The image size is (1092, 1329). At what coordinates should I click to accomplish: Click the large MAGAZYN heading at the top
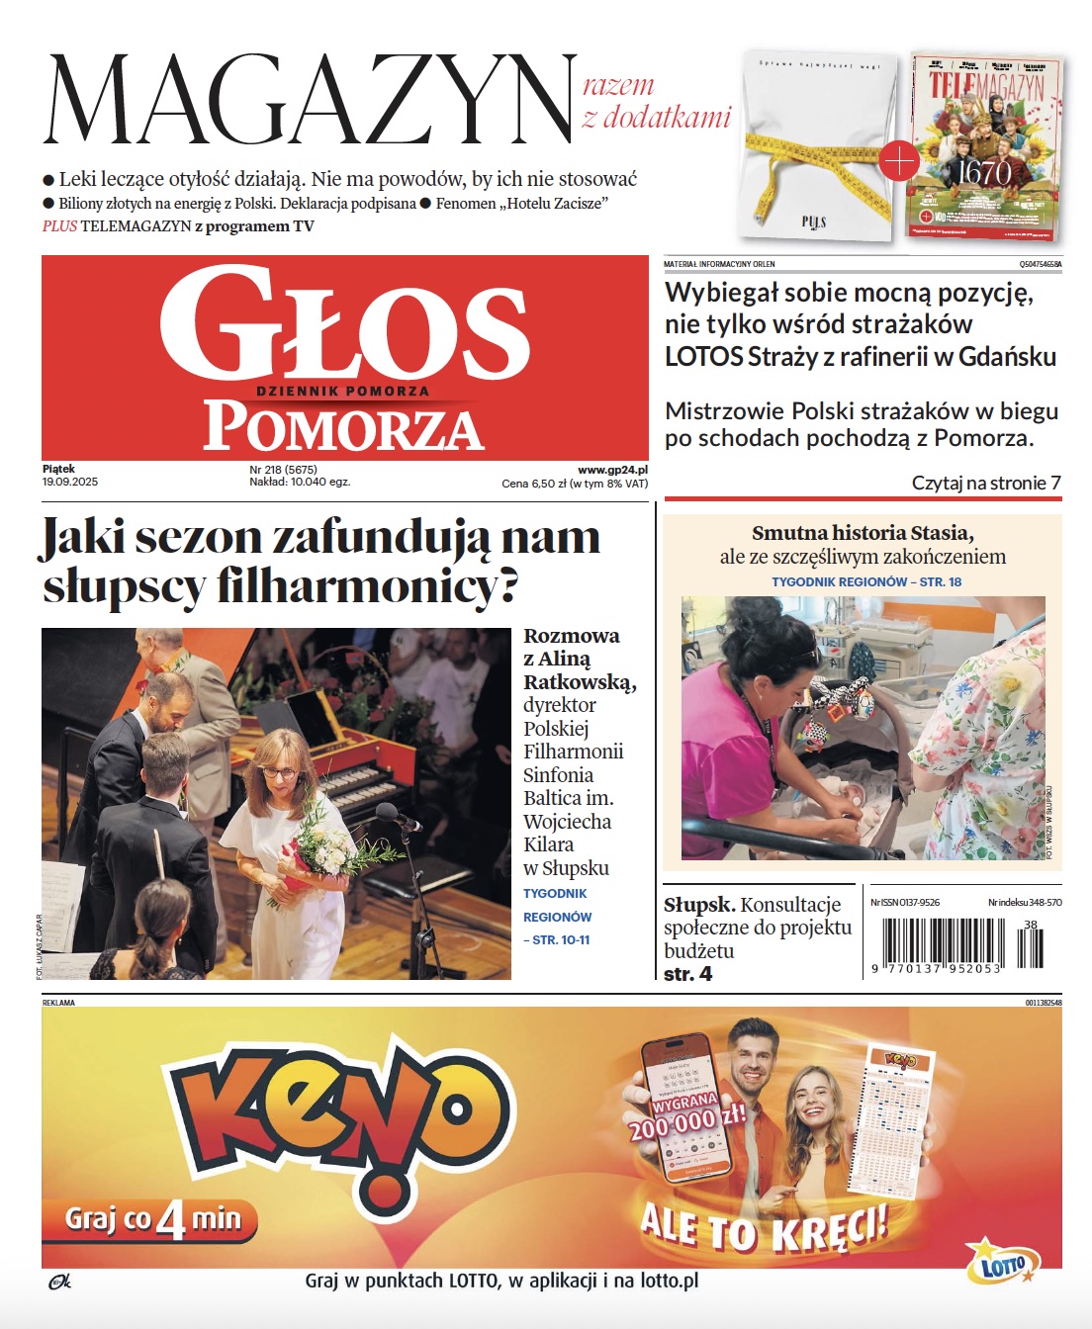pos(310,99)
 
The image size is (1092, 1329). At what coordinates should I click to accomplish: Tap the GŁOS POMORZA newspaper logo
pos(344,358)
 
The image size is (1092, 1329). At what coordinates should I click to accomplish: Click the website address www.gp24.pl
pos(612,470)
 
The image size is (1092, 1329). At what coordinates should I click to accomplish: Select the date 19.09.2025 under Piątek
pos(70,482)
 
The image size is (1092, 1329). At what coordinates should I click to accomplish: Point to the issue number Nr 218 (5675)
pos(283,470)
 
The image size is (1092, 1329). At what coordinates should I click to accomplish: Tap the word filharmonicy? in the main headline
pos(367,586)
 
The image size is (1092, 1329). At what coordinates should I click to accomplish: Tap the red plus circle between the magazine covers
pos(899,160)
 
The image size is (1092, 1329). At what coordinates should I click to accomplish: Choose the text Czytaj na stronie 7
pos(985,483)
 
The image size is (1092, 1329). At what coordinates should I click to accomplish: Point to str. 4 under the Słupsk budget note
pos(687,974)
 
